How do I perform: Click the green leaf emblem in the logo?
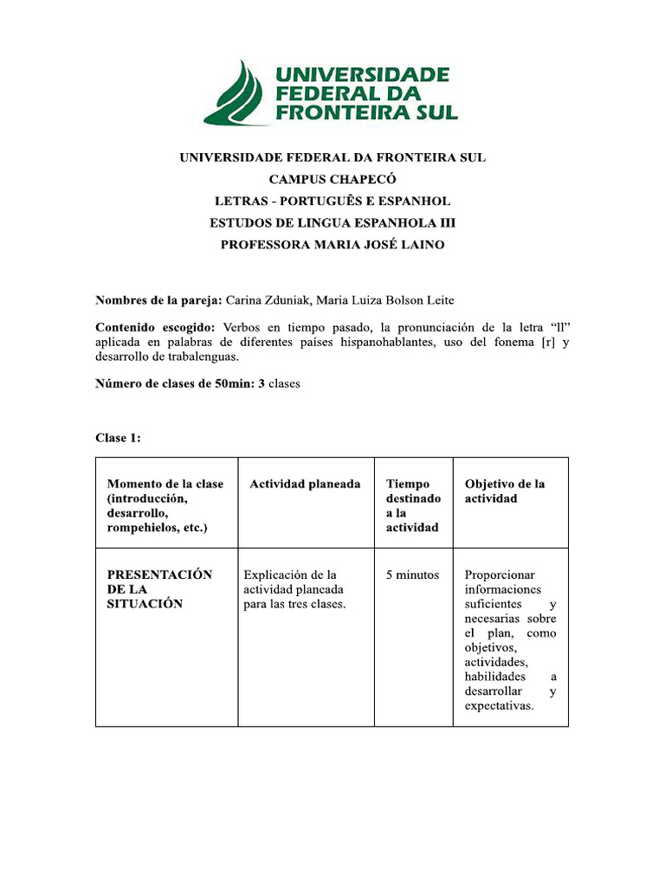point(236,93)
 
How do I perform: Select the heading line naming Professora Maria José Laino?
point(332,245)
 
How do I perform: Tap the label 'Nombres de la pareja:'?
point(158,300)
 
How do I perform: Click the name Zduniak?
point(289,300)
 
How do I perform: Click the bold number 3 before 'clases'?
point(261,383)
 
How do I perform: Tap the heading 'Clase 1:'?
point(118,438)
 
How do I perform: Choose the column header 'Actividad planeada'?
point(305,485)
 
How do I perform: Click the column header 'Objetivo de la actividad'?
point(505,491)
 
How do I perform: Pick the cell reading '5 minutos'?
point(412,575)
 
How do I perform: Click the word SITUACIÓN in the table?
point(145,604)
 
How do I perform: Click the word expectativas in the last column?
point(499,706)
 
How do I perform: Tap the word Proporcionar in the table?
point(500,575)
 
